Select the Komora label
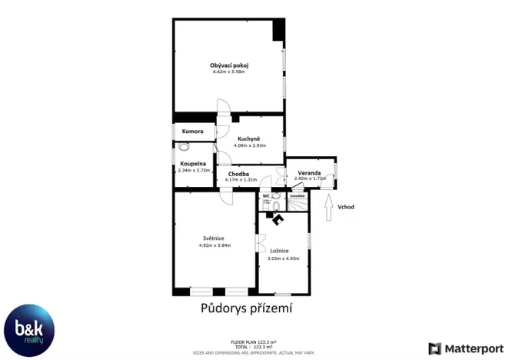[x=192, y=132]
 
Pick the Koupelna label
[x=192, y=164]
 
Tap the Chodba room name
[x=238, y=174]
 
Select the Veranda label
[x=310, y=173]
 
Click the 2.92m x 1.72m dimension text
[x=310, y=179]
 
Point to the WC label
[x=266, y=196]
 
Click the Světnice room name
[x=215, y=238]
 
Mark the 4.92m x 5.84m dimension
[x=215, y=245]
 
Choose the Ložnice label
[x=279, y=252]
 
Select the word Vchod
[x=346, y=207]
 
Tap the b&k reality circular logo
[x=29, y=331]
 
